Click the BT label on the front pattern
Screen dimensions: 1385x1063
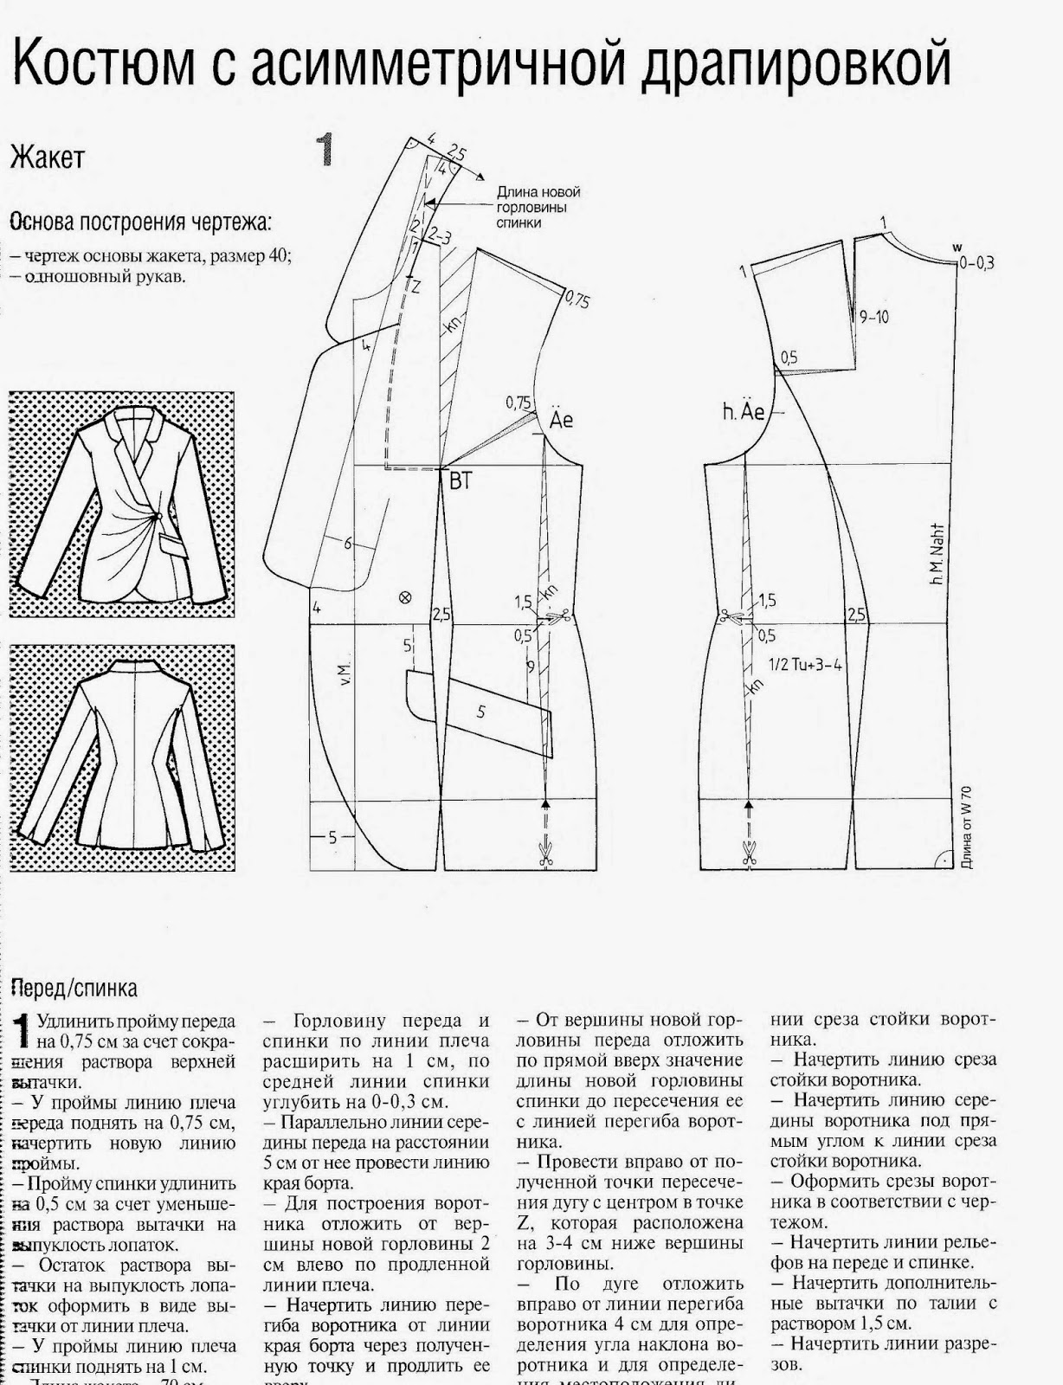pos(460,482)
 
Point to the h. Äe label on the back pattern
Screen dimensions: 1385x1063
pos(744,412)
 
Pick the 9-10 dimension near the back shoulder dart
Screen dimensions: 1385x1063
pos(873,317)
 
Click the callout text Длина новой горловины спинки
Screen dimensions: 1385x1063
pos(538,207)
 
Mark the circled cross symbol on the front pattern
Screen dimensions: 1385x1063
pos(403,597)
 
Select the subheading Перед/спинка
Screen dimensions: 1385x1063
pos(74,988)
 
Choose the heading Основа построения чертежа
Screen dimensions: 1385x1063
pos(141,222)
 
